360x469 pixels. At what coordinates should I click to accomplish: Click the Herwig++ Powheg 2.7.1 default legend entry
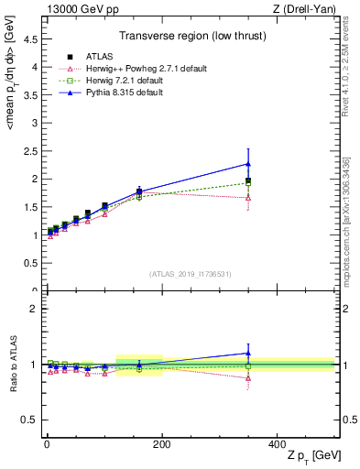(x=132, y=68)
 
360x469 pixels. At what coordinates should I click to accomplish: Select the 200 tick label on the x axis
(x=162, y=443)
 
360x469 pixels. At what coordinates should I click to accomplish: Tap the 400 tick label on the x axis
(x=277, y=443)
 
